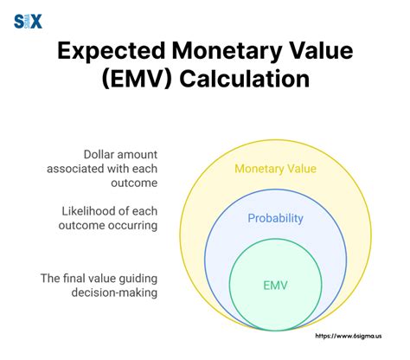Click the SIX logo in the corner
[28, 21]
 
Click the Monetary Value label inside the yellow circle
[277, 168]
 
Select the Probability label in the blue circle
[277, 219]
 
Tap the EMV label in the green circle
[277, 284]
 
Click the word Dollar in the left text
[102, 153]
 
